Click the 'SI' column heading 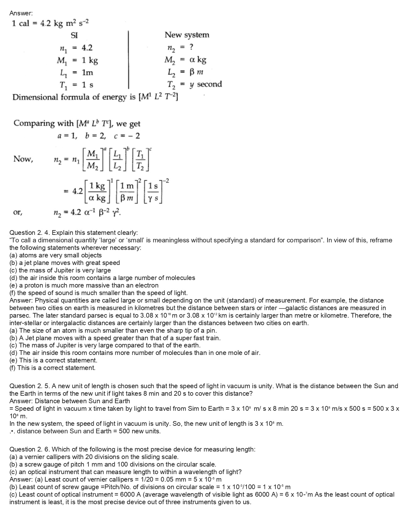74,35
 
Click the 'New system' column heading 187,35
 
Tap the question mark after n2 191,47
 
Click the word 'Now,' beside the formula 23,159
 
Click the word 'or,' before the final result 18,213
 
